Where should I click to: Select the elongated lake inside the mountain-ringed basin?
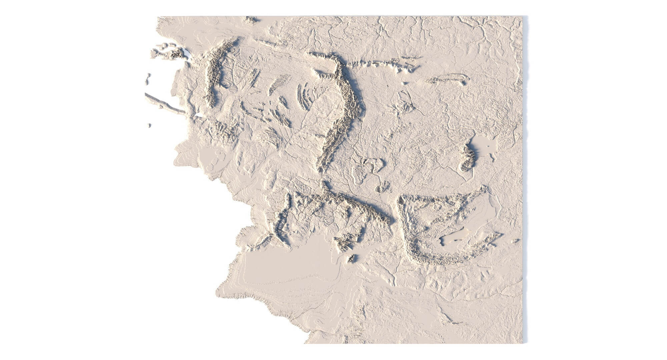[454, 237]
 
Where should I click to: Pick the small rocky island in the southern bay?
[352, 258]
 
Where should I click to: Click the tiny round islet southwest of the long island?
[149, 125]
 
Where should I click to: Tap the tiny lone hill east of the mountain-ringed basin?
[516, 240]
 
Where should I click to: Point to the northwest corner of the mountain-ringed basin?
[402, 200]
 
